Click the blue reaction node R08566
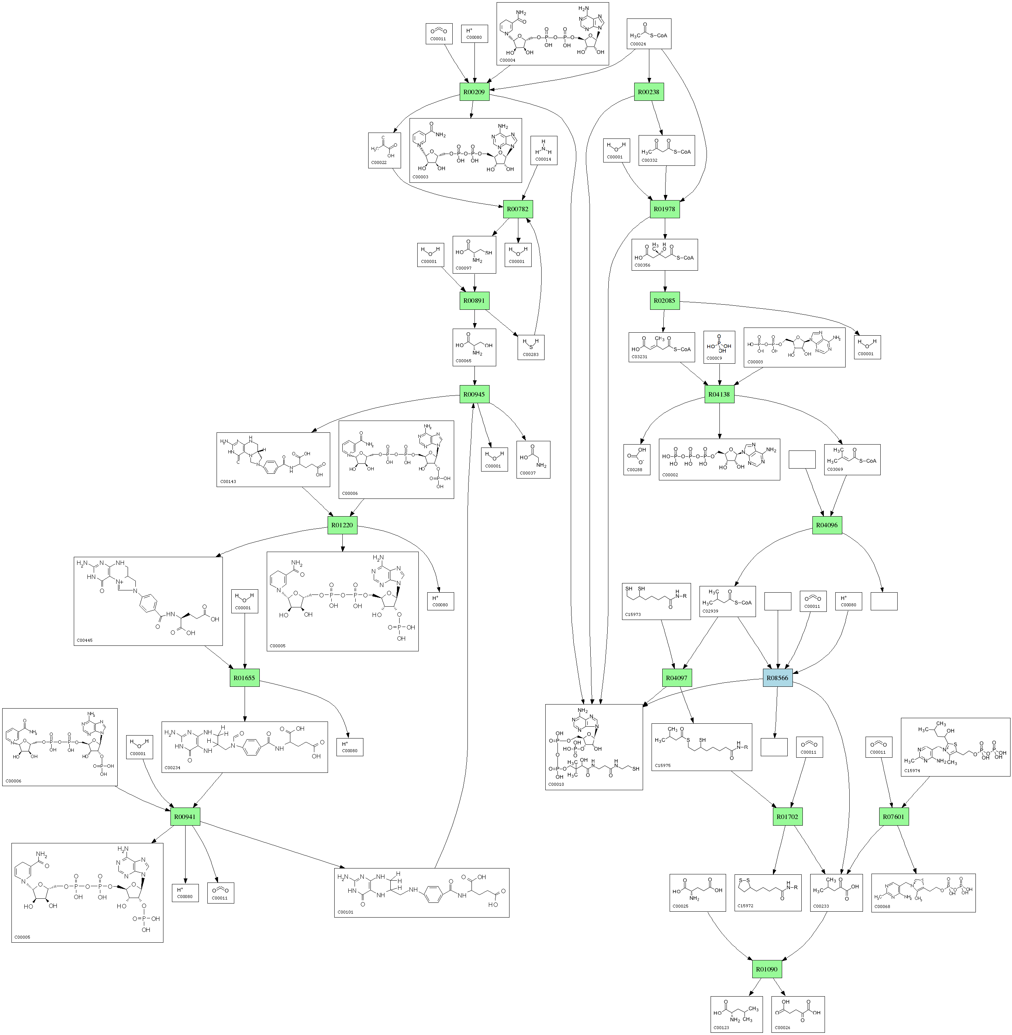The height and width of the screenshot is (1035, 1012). pos(778,678)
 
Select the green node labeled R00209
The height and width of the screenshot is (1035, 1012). pos(474,92)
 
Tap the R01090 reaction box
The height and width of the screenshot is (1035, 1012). pos(767,969)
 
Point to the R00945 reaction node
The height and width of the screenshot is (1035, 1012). pos(474,394)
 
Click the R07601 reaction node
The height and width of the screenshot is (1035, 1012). pos(894,816)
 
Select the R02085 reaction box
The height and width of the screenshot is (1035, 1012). pos(664,301)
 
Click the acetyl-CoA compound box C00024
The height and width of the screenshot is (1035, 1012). pos(649,34)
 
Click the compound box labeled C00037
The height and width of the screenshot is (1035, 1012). pos(533,459)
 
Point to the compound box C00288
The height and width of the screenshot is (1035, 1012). pos(637,459)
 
